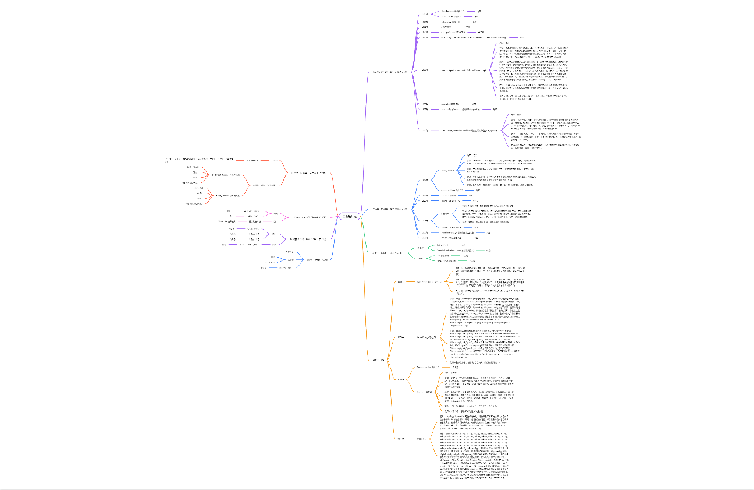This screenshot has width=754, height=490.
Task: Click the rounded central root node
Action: (x=350, y=216)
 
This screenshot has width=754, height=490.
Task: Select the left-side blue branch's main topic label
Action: (x=317, y=259)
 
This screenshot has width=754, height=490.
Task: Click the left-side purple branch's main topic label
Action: (x=311, y=239)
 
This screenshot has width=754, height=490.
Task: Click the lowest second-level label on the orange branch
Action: (x=400, y=438)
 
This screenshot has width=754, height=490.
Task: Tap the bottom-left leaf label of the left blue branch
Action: (x=264, y=267)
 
